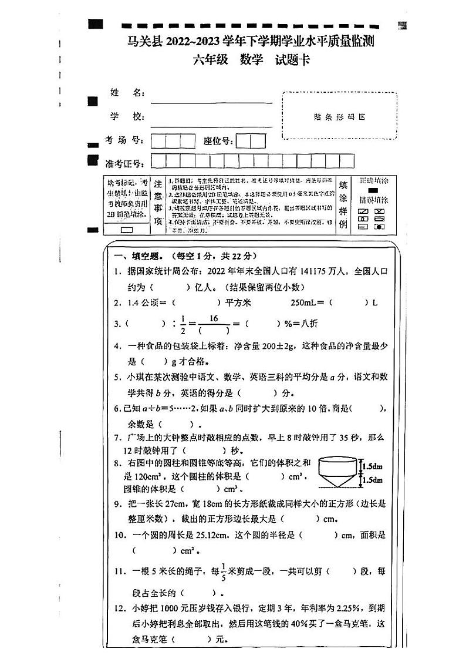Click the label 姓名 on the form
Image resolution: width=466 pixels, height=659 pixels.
tap(127, 93)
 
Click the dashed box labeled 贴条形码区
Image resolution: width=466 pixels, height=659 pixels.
tap(339, 116)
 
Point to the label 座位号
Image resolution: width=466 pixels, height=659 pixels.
tap(218, 141)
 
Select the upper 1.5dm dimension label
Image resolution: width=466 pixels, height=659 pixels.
tap(372, 466)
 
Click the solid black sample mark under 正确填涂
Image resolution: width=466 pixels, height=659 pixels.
tap(372, 190)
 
